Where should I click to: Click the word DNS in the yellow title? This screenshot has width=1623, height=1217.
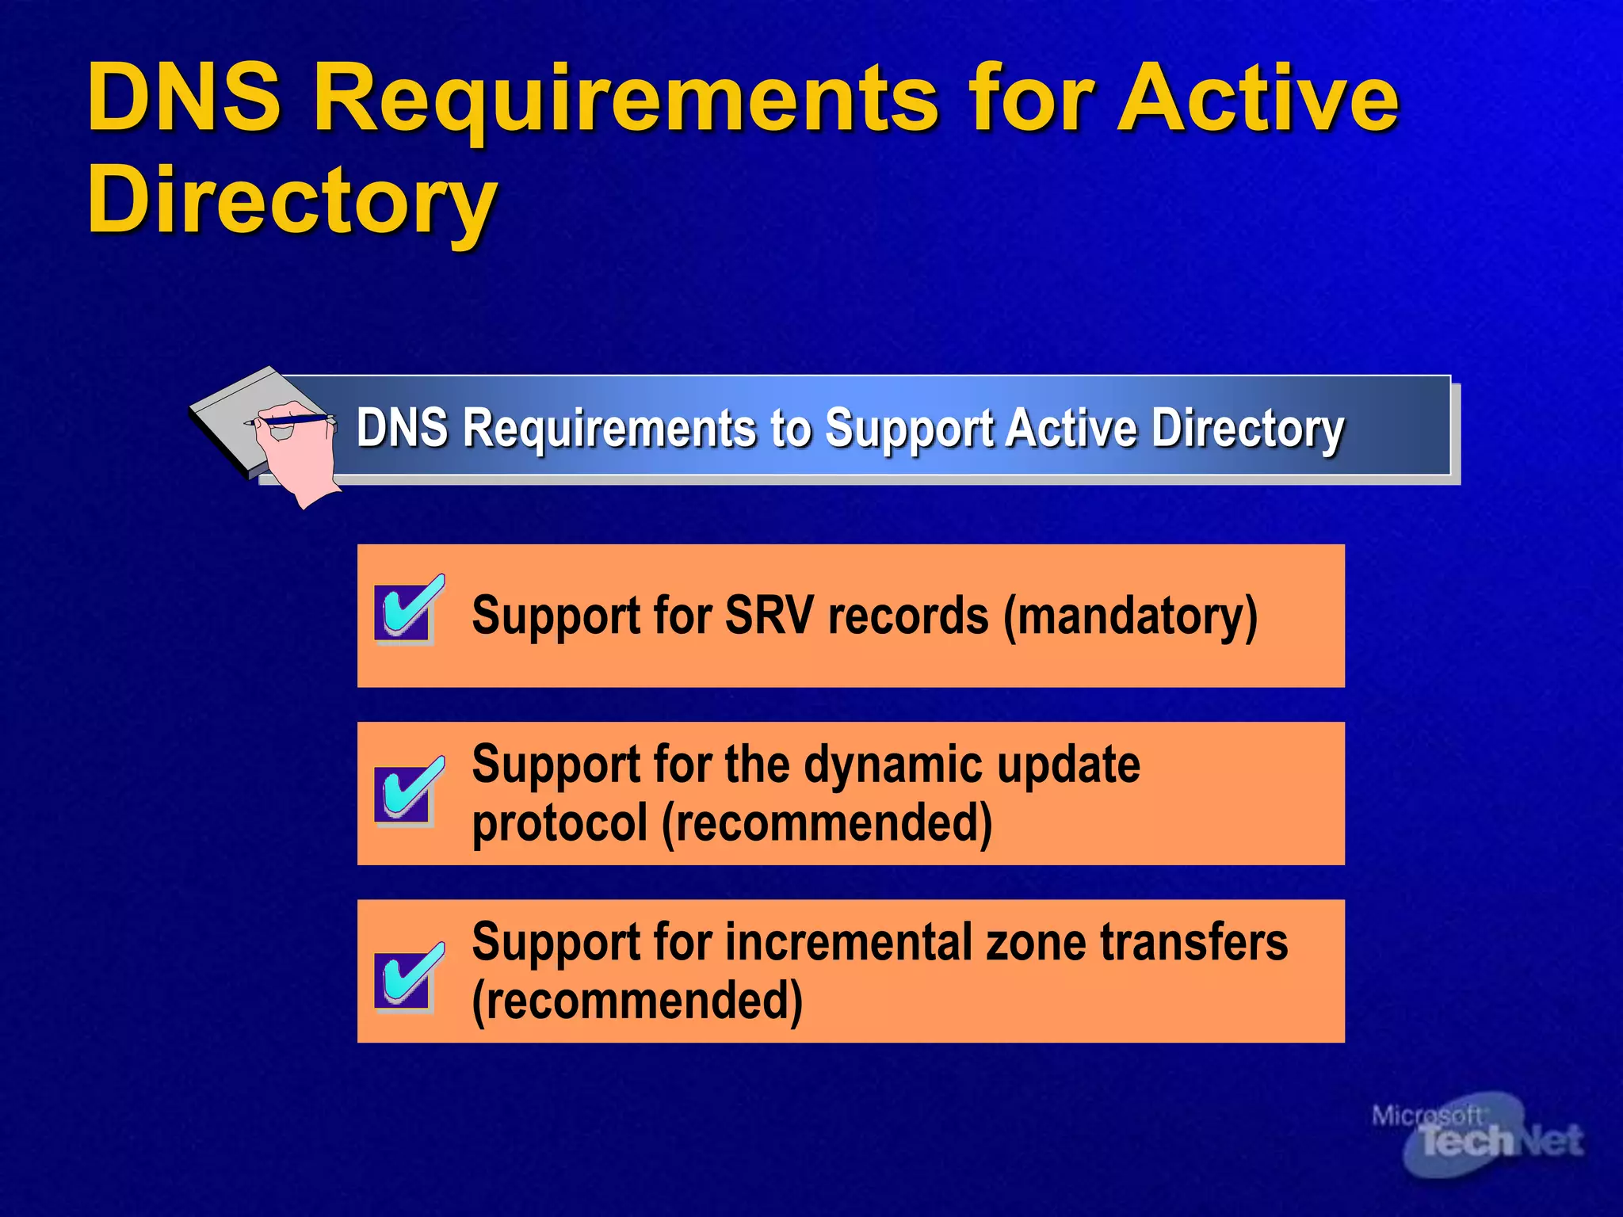[184, 98]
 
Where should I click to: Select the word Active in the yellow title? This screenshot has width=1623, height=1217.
[1258, 98]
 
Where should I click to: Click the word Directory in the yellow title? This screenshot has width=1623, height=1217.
[292, 203]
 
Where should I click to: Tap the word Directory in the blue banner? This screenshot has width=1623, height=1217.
[1247, 429]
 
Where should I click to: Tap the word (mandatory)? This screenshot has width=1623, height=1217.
[1130, 616]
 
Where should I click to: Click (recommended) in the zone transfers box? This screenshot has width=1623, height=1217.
[637, 1001]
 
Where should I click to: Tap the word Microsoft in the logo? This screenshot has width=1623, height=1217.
[1426, 1116]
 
